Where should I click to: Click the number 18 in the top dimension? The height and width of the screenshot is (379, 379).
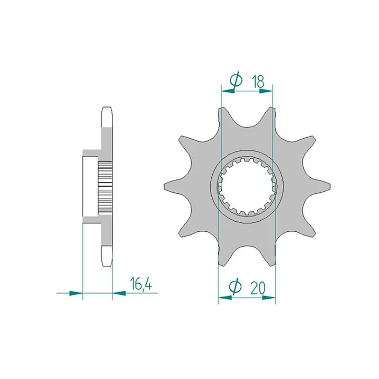click(x=258, y=81)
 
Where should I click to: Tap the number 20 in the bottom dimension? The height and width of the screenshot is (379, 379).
click(x=258, y=288)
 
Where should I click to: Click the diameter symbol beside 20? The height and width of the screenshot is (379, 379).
click(x=235, y=287)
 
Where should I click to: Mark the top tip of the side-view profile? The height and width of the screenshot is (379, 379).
click(x=108, y=110)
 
